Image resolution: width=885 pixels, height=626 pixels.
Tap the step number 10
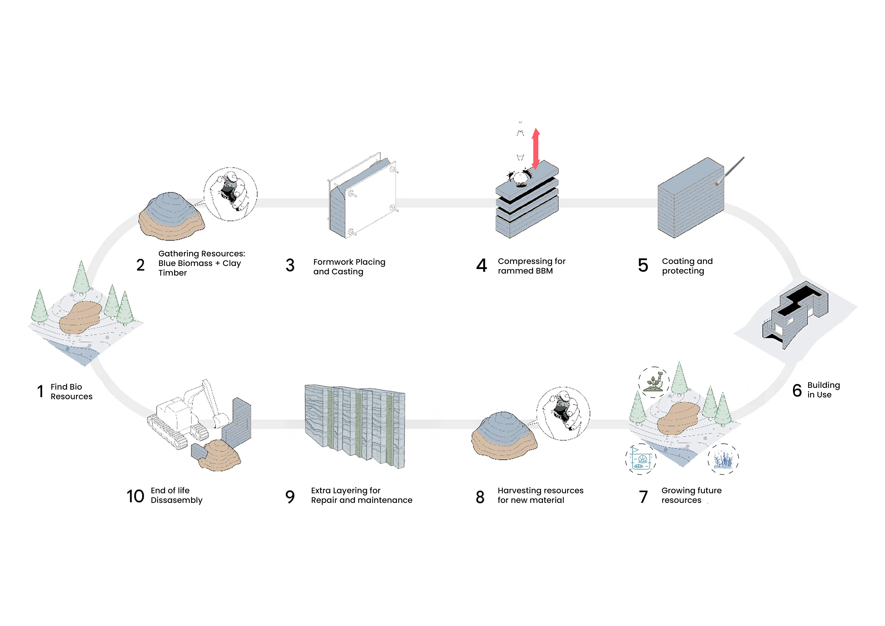point(135,496)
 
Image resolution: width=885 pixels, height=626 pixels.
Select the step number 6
point(797,390)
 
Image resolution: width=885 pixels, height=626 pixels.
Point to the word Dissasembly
point(176,500)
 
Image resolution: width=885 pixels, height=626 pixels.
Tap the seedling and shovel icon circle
point(654,382)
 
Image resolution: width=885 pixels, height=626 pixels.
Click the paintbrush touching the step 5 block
point(730,171)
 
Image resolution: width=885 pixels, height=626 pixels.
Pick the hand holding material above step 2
point(231,194)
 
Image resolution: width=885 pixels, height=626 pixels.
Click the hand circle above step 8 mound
point(563,414)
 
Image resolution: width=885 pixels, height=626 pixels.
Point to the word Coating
point(678,261)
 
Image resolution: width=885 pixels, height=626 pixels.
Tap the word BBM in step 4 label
point(544,271)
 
